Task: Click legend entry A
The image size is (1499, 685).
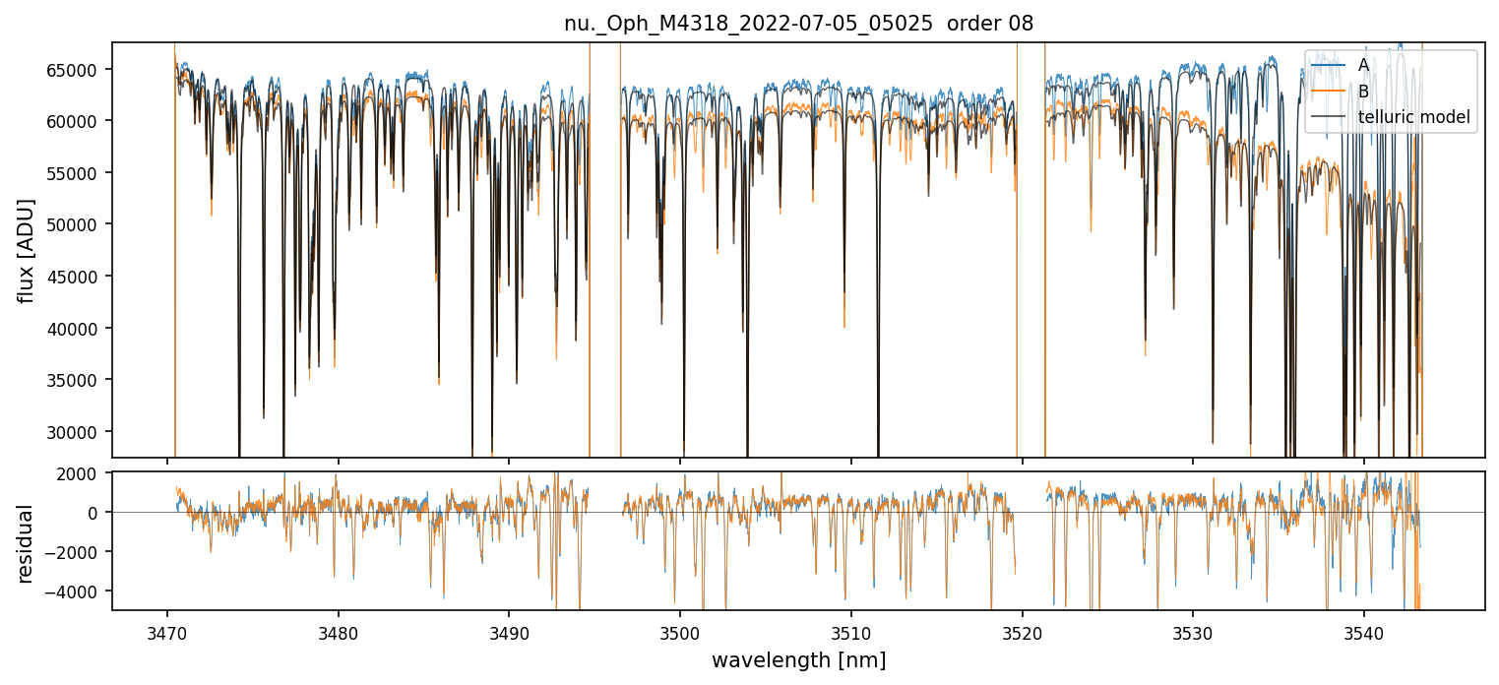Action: (1363, 65)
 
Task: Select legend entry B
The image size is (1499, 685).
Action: (1363, 92)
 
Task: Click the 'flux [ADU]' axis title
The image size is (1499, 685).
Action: (27, 250)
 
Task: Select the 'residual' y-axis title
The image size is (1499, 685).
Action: (27, 543)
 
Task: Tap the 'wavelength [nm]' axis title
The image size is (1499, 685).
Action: (798, 659)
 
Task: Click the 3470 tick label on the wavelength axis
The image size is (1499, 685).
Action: (167, 630)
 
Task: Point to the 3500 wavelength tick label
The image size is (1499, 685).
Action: (680, 630)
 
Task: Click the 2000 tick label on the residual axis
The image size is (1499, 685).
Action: (85, 473)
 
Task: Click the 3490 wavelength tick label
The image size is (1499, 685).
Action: (509, 630)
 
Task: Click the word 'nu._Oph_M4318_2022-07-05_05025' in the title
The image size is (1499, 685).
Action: (748, 24)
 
